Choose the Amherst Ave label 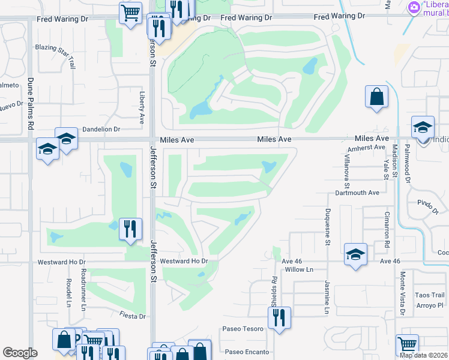click(x=366, y=147)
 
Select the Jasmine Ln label click(x=328, y=298)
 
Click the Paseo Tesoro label click(x=243, y=329)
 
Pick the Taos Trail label click(x=430, y=295)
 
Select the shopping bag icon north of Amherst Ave click(x=377, y=97)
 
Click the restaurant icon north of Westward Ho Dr click(x=130, y=228)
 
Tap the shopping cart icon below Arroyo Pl click(x=407, y=345)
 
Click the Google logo click(x=20, y=353)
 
